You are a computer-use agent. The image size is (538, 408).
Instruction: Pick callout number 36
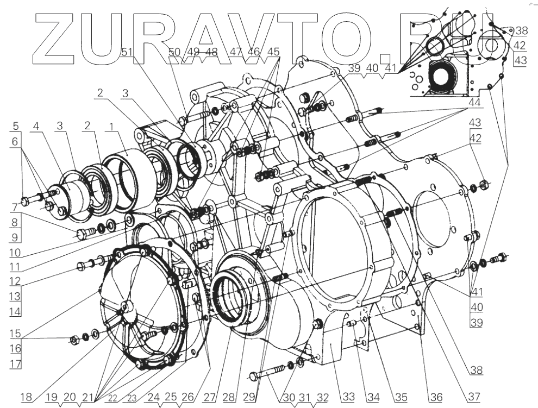[x=436, y=398]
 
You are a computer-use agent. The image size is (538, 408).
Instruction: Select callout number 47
[x=236, y=52]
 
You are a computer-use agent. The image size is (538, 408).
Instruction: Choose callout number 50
[x=175, y=52]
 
